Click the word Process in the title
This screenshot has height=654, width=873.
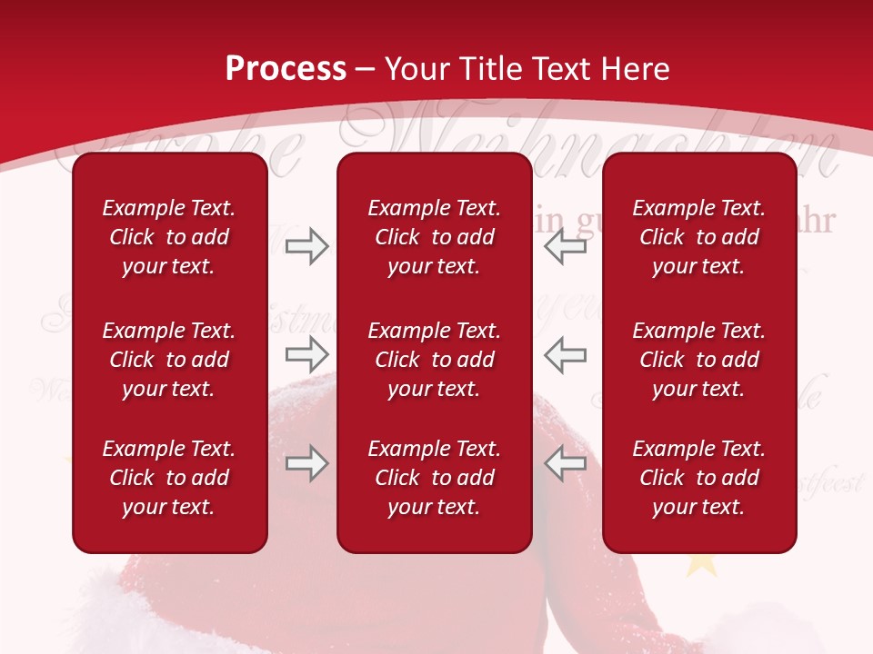point(286,69)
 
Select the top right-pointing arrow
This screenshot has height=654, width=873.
point(306,246)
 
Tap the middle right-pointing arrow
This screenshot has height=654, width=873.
point(306,352)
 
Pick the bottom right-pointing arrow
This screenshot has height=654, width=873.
point(306,464)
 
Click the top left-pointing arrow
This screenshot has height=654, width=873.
point(566,246)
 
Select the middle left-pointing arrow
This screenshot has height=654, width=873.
point(566,354)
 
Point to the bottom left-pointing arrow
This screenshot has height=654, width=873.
point(566,464)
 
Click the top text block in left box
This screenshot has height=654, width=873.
point(169,237)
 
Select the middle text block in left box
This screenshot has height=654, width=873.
point(169,360)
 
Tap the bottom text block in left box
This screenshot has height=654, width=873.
point(169,478)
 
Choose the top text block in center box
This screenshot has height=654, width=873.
point(435,237)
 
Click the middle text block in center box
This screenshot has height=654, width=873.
point(435,360)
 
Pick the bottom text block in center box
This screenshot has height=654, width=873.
point(435,478)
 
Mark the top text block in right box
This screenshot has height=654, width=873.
point(699,237)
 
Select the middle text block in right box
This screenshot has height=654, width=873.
point(699,360)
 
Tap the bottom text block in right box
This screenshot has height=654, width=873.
point(699,478)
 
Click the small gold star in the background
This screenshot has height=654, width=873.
point(700,563)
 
